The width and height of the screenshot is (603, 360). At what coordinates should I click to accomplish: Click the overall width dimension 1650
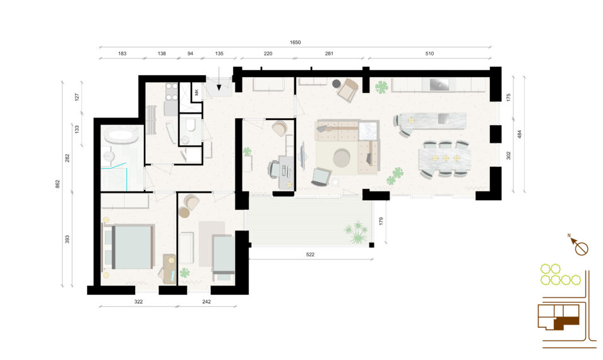[295, 42]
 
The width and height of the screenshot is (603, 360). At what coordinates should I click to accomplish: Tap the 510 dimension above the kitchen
[429, 54]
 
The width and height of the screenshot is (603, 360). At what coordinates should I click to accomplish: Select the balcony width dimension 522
[310, 255]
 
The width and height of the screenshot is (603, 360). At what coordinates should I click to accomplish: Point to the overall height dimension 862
[57, 184]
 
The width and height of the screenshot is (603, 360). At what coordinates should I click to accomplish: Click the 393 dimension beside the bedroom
[68, 239]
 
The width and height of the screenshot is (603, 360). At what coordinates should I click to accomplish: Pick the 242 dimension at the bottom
[206, 301]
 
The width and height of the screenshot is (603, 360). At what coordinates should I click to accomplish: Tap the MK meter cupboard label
[196, 92]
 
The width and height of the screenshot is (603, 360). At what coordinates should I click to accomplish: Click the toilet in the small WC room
[189, 126]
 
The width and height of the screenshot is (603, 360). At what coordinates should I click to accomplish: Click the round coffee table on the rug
[341, 158]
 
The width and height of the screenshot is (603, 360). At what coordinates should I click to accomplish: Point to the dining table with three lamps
[445, 158]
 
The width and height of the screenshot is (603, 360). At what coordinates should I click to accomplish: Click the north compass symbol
[579, 246]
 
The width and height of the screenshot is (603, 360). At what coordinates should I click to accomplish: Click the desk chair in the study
[274, 169]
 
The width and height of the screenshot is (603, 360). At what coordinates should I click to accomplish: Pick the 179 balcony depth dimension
[381, 221]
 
